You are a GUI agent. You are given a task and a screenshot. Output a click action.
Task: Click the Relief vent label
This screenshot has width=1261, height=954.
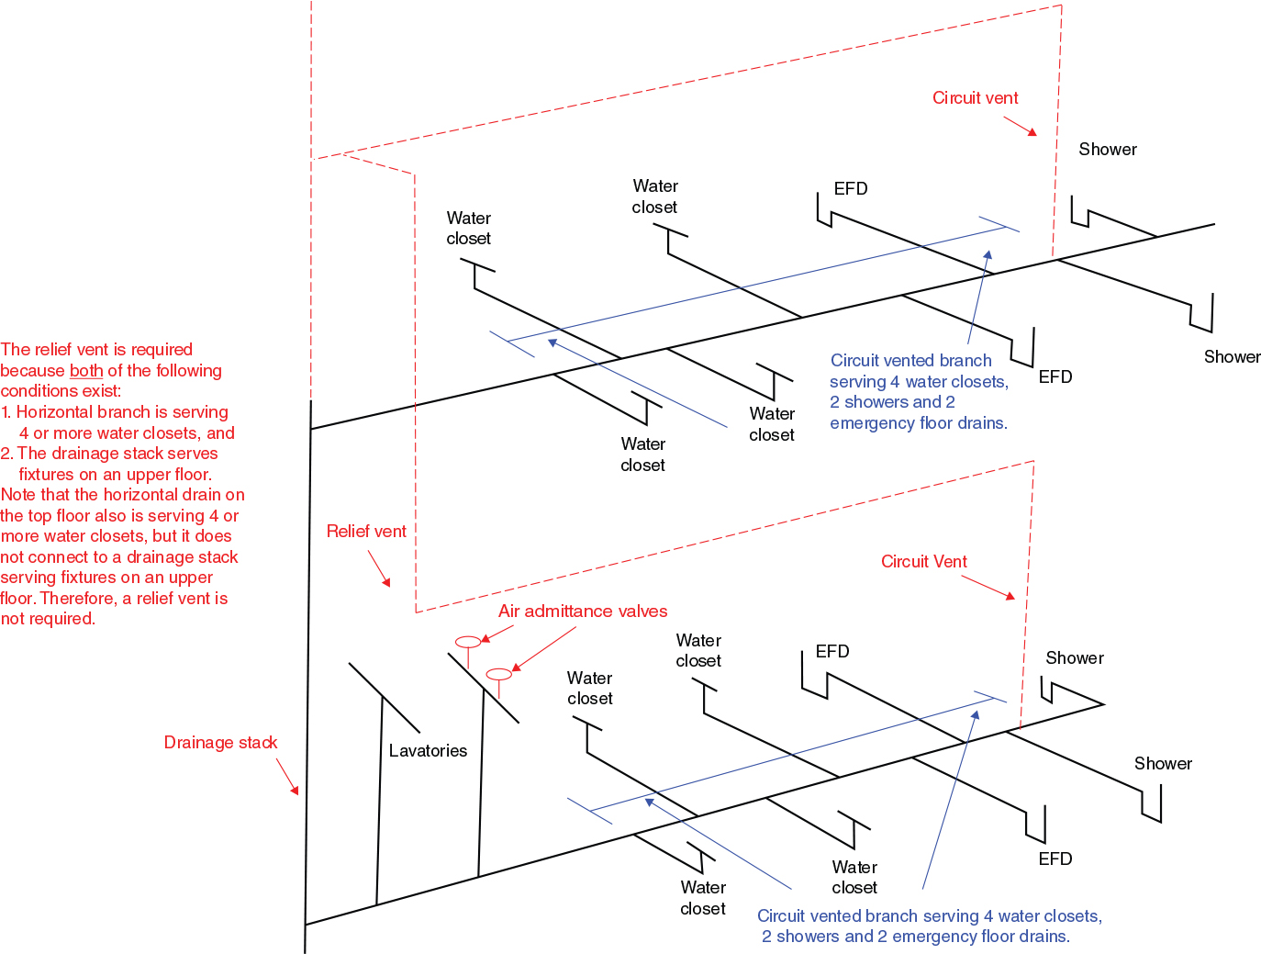click(366, 532)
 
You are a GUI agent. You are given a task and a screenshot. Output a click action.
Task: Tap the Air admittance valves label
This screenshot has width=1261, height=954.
click(583, 612)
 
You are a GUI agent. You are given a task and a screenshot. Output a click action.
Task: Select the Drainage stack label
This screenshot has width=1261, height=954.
click(220, 743)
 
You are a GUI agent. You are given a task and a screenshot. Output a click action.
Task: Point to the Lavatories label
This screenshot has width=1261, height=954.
click(428, 751)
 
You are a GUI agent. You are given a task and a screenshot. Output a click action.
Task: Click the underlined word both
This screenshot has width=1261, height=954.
click(86, 371)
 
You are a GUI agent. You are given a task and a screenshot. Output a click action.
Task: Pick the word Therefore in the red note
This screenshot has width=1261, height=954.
click(80, 599)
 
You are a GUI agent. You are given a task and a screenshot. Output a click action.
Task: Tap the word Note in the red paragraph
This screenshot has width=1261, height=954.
click(18, 495)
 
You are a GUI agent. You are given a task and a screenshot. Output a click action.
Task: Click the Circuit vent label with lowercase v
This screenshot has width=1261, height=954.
click(975, 98)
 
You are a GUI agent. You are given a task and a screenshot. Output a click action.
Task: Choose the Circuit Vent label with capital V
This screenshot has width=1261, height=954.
click(923, 562)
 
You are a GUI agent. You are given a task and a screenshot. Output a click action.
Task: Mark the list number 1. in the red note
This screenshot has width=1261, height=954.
click(7, 412)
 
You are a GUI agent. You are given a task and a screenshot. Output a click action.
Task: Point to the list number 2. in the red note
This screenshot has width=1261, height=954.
click(7, 454)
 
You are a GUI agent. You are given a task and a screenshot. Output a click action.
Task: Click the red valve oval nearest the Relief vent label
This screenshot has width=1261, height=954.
click(468, 642)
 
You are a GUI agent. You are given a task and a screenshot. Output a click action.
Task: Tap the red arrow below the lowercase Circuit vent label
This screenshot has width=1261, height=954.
click(1020, 127)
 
